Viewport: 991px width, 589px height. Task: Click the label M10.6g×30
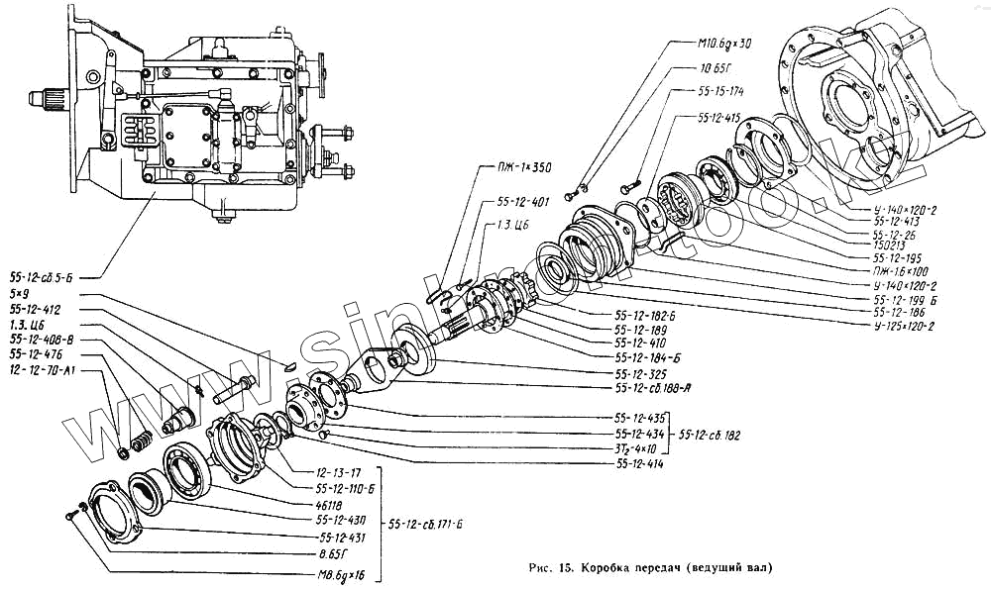point(716,43)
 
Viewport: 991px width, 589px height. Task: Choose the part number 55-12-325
point(638,374)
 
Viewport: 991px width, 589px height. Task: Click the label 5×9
point(19,294)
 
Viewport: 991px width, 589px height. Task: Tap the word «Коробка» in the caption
point(614,568)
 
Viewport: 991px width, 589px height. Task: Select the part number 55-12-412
point(36,310)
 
